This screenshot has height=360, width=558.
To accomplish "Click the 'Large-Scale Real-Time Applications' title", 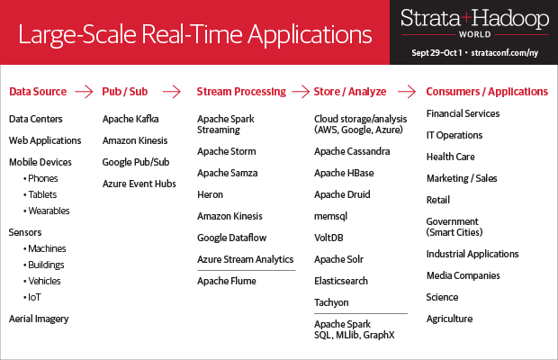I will click(x=195, y=35).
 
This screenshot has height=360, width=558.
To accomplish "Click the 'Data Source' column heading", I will click(x=38, y=92).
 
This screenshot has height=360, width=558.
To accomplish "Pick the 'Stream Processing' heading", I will click(x=241, y=92).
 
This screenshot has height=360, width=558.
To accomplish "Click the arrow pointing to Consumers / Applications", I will click(x=407, y=92).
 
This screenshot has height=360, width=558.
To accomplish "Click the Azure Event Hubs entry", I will click(x=139, y=184).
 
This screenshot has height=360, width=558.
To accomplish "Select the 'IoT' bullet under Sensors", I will click(x=34, y=297).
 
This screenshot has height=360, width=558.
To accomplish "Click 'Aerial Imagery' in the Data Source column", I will click(x=39, y=319).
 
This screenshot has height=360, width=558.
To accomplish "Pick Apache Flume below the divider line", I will click(x=227, y=281).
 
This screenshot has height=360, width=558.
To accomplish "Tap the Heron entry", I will click(x=210, y=194).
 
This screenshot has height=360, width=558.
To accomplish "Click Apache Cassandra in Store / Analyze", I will click(x=352, y=151).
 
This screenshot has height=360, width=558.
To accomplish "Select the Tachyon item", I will click(x=331, y=302).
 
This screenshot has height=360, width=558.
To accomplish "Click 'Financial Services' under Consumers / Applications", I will click(x=463, y=114).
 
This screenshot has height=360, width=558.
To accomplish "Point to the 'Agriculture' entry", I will click(x=449, y=319).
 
